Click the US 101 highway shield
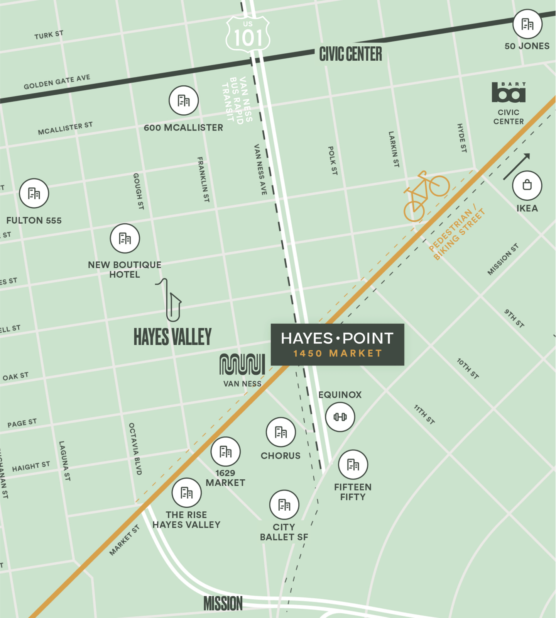tap(248, 34)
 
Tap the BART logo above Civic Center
tap(509, 93)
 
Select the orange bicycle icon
tap(426, 196)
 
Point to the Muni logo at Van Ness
tap(242, 364)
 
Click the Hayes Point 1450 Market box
tap(337, 345)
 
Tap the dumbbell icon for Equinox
tap(340, 417)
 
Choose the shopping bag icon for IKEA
tap(527, 185)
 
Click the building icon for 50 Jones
tap(527, 24)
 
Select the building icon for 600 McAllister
tap(184, 100)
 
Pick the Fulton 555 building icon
tap(34, 193)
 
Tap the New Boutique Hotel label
tap(125, 270)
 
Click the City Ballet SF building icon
tap(284, 504)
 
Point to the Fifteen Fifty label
tap(353, 492)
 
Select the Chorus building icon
tap(281, 432)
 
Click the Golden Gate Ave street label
tap(57, 82)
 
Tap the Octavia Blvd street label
tap(135, 448)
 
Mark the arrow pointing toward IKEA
tap(517, 166)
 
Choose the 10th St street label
tap(468, 368)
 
